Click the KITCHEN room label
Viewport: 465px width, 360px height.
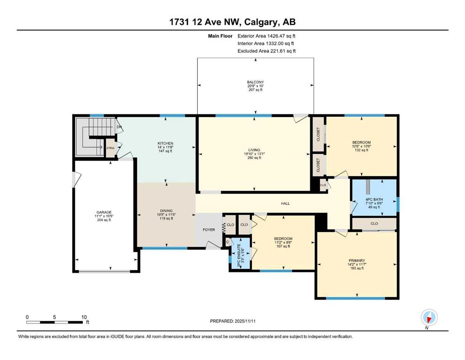(165, 143)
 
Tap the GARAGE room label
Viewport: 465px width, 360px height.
(104, 212)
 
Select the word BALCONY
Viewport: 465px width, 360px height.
(255, 82)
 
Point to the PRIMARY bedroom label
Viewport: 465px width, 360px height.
(357, 261)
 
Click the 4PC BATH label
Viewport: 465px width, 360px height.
(374, 199)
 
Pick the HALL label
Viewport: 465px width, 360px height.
(285, 203)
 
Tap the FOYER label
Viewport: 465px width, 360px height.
(209, 230)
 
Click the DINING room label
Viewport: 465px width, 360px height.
(166, 211)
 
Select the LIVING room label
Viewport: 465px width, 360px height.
(254, 150)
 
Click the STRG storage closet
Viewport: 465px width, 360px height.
(111, 148)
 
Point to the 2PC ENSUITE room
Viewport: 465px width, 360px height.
(240, 253)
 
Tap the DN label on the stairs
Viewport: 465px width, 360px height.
(119, 127)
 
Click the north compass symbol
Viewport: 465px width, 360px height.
(429, 318)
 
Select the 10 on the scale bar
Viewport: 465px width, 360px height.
(84, 317)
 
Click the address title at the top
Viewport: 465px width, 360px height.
(232, 22)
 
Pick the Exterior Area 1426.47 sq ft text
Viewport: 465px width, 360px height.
(266, 36)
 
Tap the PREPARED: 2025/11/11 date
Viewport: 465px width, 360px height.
(233, 321)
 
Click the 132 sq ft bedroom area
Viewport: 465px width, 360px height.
(362, 150)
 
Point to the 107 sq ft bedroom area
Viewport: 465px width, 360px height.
(283, 247)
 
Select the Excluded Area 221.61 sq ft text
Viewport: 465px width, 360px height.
(266, 51)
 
